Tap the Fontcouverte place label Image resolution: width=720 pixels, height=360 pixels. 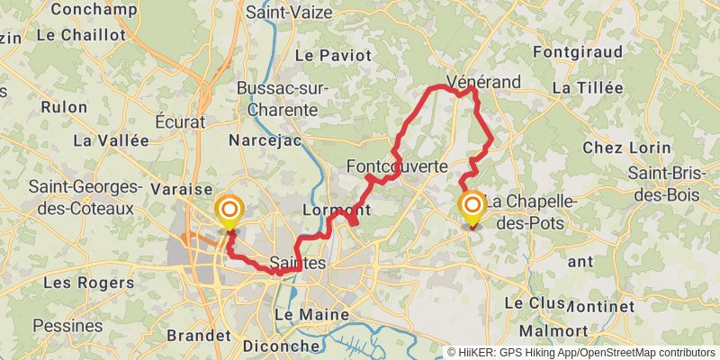[x=397, y=166]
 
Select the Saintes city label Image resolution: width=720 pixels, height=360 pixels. [x=296, y=262]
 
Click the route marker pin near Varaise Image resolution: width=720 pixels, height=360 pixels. [x=229, y=211]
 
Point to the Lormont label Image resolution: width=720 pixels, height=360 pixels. [x=338, y=210]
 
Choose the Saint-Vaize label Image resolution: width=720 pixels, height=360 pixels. [x=289, y=13]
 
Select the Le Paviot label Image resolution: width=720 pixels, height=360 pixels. [x=332, y=56]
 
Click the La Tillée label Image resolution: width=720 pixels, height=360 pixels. [x=588, y=88]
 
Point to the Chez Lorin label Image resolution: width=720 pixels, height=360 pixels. [x=627, y=148]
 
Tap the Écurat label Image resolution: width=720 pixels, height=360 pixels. [x=180, y=121]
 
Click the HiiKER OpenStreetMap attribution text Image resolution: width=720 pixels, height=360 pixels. [x=580, y=353]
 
